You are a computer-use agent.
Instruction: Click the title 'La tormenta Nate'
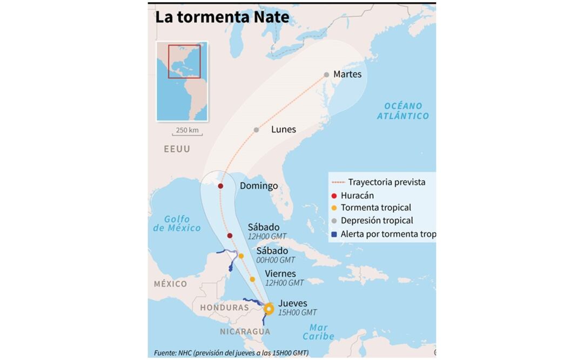tap(222, 17)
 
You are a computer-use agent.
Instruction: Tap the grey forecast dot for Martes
tap(326, 75)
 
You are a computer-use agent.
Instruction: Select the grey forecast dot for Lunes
tap(256, 130)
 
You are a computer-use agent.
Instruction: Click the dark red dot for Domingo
tap(221, 186)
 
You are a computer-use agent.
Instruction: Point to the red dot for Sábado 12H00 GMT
tap(230, 236)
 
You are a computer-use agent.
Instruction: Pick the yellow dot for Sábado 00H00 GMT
tap(241, 256)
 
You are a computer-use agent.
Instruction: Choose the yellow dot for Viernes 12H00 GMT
tap(252, 279)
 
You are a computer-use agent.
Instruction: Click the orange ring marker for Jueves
tap(268, 309)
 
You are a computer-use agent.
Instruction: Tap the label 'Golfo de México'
tap(177, 223)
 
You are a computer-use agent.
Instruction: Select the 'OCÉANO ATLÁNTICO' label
tap(403, 111)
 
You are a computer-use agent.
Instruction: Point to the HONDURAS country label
tap(224, 308)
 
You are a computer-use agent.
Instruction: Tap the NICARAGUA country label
tap(245, 331)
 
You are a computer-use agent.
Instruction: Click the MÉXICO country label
tap(170, 284)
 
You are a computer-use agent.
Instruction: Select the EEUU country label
tap(177, 149)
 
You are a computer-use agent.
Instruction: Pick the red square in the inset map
tap(184, 62)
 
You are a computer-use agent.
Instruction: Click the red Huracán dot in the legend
tap(334, 196)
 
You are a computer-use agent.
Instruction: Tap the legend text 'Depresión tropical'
tap(377, 221)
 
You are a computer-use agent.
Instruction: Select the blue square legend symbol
tap(334, 234)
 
